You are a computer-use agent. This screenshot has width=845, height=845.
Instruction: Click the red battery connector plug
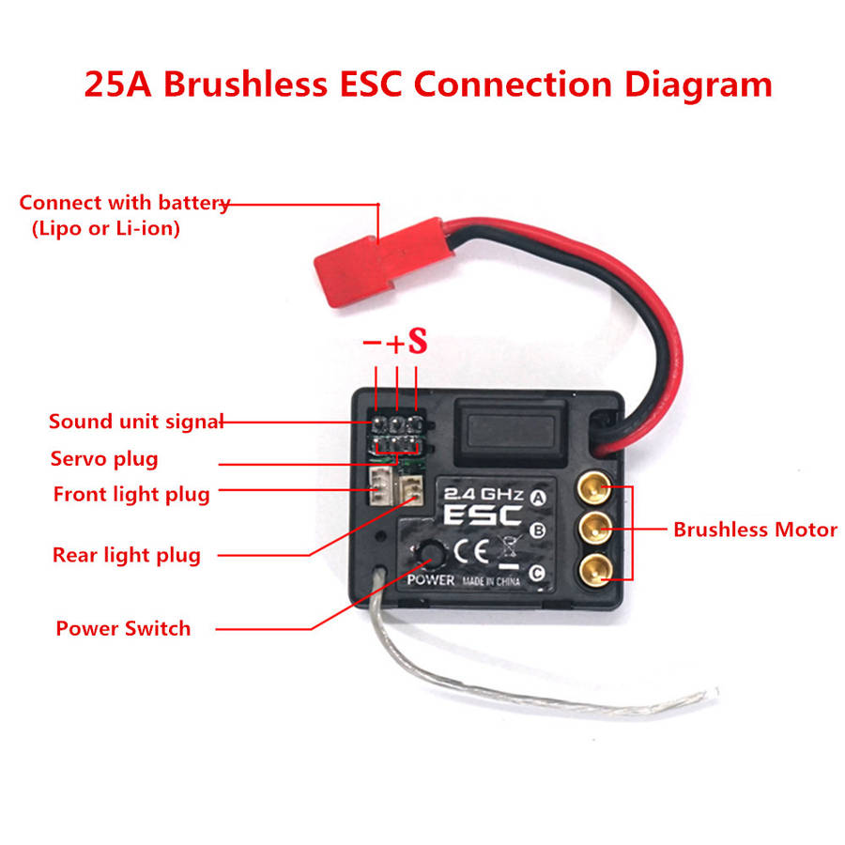tap(384, 261)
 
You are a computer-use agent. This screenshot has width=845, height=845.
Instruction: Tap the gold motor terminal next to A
tap(594, 487)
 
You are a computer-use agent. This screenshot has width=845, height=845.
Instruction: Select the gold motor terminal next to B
tap(595, 529)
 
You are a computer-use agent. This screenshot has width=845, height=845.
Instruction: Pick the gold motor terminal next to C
tap(595, 570)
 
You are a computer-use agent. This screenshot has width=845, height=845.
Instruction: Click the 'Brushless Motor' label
tap(755, 530)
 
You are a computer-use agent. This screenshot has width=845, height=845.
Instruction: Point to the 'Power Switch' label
tap(123, 628)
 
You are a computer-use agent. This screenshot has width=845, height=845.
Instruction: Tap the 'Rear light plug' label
tap(127, 556)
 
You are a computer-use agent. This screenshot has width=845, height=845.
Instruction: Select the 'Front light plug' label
tap(131, 495)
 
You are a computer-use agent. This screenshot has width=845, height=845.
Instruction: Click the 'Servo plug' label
tap(104, 459)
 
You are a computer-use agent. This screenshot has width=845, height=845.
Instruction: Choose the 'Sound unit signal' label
tap(136, 422)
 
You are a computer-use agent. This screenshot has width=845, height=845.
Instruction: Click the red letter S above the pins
tap(418, 341)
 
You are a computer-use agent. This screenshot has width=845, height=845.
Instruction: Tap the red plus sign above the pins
tap(395, 344)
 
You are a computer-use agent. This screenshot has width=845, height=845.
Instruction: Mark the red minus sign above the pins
tap(372, 342)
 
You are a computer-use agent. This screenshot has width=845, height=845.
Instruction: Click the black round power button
tap(431, 552)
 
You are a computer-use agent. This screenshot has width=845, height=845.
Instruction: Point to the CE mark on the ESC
tap(471, 551)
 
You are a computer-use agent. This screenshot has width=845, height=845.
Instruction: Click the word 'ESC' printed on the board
tap(483, 515)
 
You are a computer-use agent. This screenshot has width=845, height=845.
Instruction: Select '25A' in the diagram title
tap(118, 84)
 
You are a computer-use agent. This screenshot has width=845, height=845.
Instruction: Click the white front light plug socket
tap(380, 485)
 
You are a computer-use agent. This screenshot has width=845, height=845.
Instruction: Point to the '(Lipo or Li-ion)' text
tap(106, 228)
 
